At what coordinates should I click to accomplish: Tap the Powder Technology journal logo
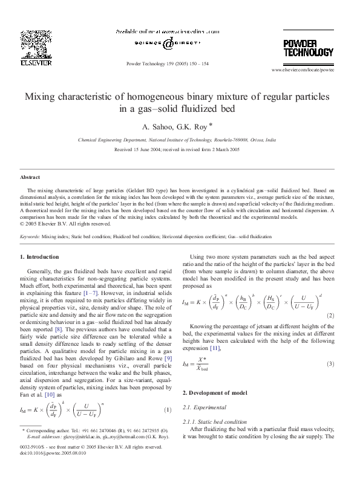[x=304, y=47]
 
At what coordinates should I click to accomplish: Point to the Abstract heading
[x=31, y=178]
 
